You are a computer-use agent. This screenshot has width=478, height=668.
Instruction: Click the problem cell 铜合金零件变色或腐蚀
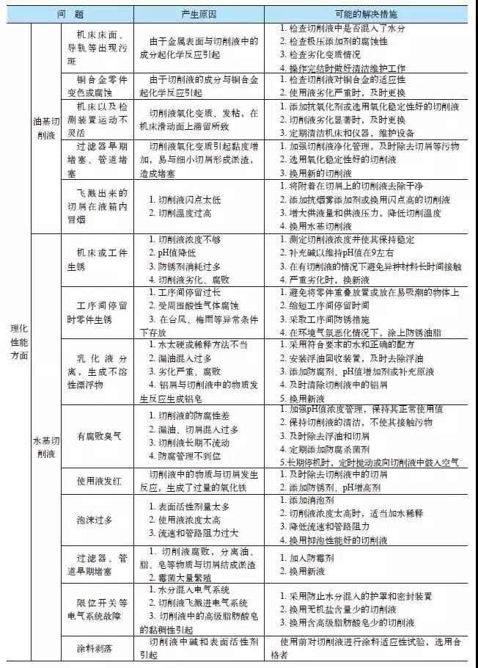pos(103,85)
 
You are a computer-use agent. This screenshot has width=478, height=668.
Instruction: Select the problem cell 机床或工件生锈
pos(103,258)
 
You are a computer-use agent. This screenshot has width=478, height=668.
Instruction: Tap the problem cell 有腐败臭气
pos(100,436)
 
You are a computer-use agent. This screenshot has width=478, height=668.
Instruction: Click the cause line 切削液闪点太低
pos(183,199)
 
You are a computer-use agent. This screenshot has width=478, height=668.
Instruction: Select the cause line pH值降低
pos(176,253)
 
